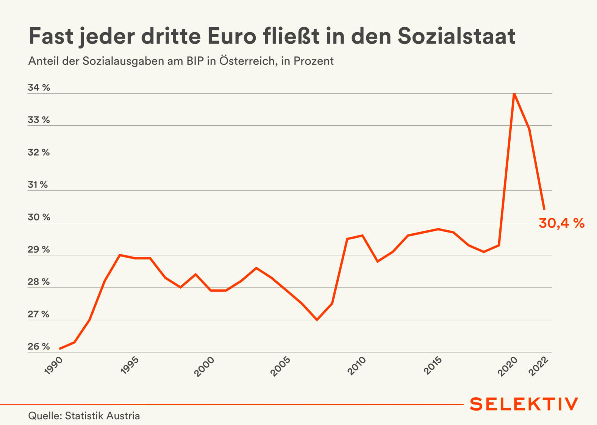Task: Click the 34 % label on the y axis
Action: pyautogui.click(x=39, y=88)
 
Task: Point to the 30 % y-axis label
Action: pyautogui.click(x=39, y=217)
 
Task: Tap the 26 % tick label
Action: pyautogui.click(x=39, y=347)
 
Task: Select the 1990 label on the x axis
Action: pyautogui.click(x=53, y=366)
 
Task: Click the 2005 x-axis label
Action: pyautogui.click(x=280, y=366)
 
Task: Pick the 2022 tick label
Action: pyautogui.click(x=539, y=366)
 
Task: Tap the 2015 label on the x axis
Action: pyautogui.click(x=433, y=366)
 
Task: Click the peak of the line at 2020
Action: pyautogui.click(x=514, y=94)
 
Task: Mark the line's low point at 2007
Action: pyautogui.click(x=317, y=320)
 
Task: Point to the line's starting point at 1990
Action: pyautogui.click(x=59, y=349)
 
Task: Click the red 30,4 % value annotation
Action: pyautogui.click(x=561, y=223)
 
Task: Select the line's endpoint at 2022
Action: pyautogui.click(x=544, y=209)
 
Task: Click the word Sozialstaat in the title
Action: pyautogui.click(x=456, y=36)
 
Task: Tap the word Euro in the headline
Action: pyautogui.click(x=232, y=36)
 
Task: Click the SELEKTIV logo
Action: pyautogui.click(x=524, y=404)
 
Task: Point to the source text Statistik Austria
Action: pyautogui.click(x=102, y=416)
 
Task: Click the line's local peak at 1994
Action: pyautogui.click(x=120, y=255)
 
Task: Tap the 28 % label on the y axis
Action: pyautogui.click(x=39, y=282)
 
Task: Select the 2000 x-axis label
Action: pyautogui.click(x=204, y=366)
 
